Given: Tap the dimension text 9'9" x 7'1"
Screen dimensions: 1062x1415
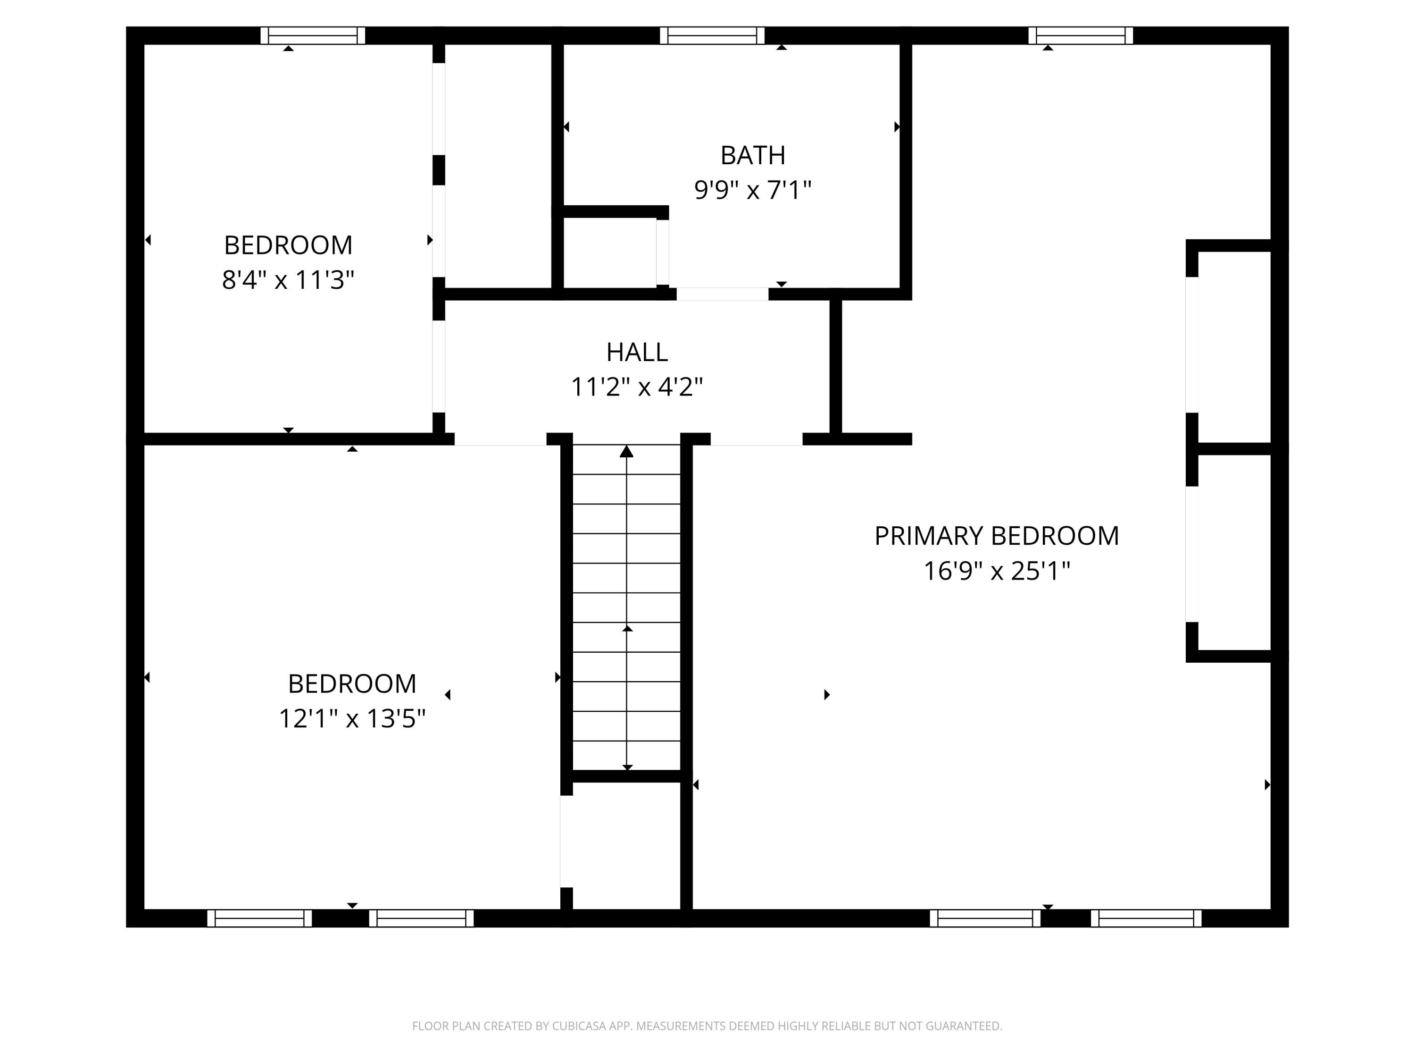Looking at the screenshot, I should coord(752,190).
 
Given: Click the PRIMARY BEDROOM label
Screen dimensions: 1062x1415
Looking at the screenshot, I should coord(996,536).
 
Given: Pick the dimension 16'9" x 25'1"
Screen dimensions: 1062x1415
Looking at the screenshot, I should coord(996,570).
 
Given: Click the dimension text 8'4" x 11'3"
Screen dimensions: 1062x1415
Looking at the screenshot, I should coord(288,280).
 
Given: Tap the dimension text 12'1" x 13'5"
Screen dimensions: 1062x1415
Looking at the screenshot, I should coord(352,718).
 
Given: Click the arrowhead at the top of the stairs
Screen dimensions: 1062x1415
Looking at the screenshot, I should coord(626,451).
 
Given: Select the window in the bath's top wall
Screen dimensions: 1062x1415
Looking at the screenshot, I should coord(712,35).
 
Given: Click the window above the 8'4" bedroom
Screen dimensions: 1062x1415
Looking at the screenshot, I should coord(312,35).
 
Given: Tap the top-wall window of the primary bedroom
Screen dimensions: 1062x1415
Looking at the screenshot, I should coord(1081,35).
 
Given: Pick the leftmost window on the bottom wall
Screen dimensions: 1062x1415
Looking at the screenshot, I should coord(259,918).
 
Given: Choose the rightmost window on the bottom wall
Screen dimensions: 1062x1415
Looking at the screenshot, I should coord(1146,918).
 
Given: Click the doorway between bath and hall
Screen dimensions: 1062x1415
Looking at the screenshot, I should coord(722,294).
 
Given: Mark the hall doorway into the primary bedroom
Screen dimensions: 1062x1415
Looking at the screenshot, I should coord(756,439).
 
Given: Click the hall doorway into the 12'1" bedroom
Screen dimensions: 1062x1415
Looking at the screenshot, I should coord(500,439).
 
